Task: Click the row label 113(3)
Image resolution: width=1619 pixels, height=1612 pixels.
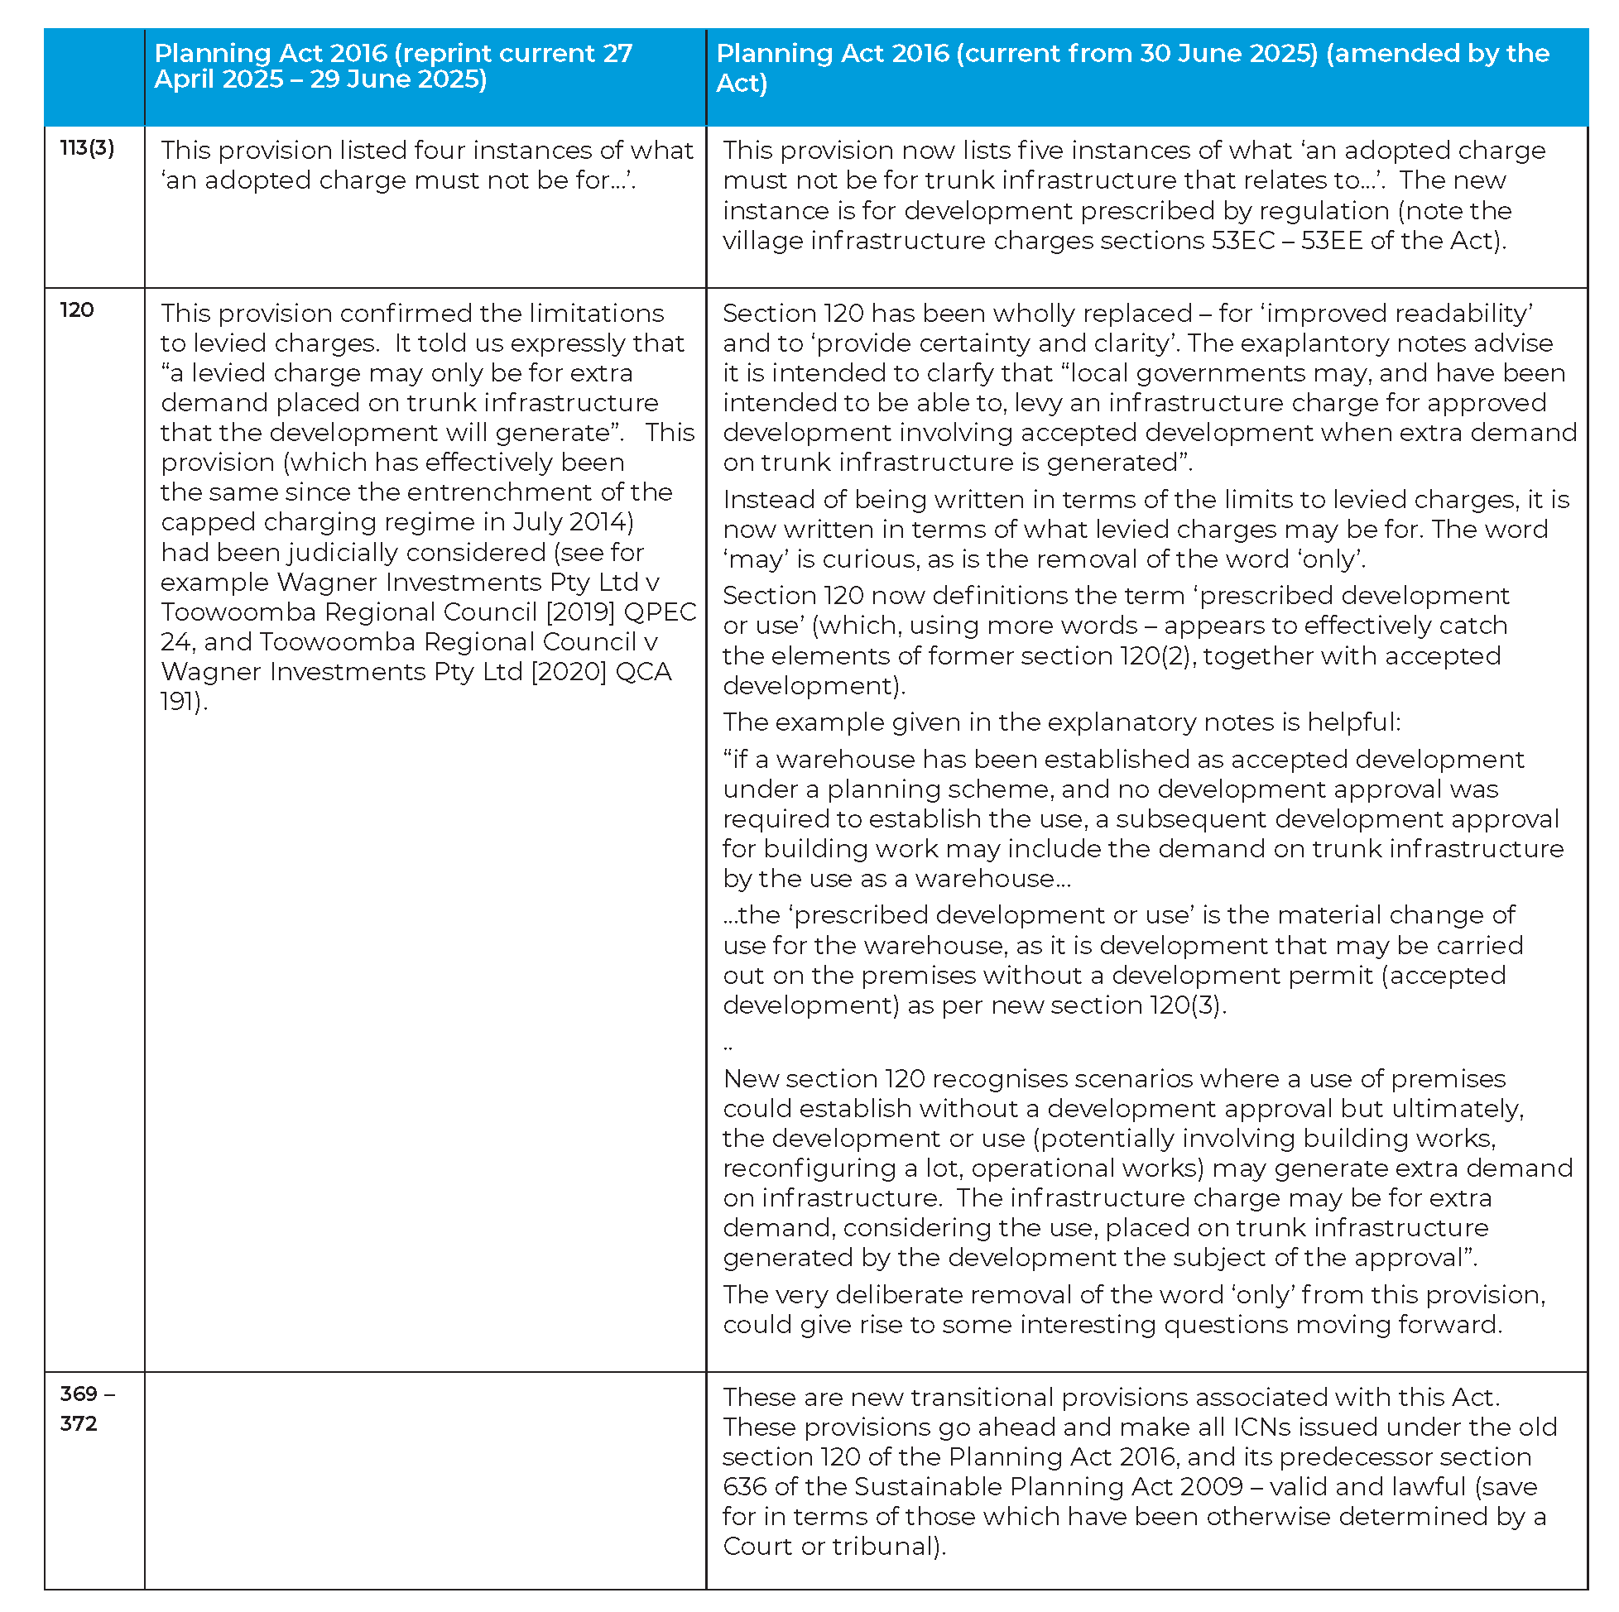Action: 86,148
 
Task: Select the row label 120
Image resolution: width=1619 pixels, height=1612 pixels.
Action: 76,310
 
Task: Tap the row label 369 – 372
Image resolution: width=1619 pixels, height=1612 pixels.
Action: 86,1408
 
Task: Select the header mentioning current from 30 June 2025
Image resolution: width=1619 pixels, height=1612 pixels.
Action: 1131,67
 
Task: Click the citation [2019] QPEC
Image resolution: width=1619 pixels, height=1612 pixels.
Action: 621,612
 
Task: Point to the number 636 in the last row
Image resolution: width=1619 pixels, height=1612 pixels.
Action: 744,1486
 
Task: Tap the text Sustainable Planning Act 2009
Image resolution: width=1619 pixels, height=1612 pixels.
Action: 1048,1486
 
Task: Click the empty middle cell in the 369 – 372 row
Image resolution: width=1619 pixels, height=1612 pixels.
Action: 425,1480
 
